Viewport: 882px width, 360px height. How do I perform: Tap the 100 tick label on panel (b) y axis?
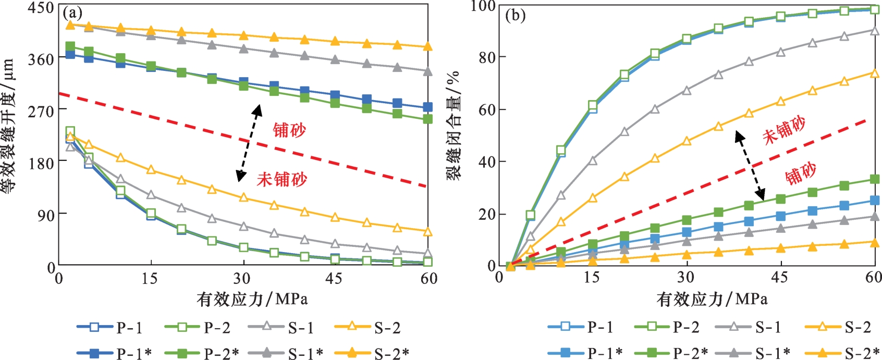point(482,6)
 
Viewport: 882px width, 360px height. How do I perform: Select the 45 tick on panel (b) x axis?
point(779,277)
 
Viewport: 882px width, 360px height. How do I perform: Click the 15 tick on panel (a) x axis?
point(150,278)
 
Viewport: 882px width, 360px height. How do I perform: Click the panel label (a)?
point(72,13)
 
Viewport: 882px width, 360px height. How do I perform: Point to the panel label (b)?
point(516,15)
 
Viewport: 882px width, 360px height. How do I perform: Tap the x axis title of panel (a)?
point(252,299)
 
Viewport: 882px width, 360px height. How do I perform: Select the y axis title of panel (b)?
point(454,126)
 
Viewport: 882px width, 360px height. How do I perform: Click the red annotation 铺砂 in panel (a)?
point(289,130)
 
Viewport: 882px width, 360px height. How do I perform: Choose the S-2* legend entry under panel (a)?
point(371,353)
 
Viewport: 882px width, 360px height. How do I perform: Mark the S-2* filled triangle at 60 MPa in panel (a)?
point(428,47)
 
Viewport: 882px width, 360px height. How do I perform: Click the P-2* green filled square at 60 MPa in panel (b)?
point(875,179)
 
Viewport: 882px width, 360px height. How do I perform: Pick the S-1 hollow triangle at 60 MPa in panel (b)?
point(875,31)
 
